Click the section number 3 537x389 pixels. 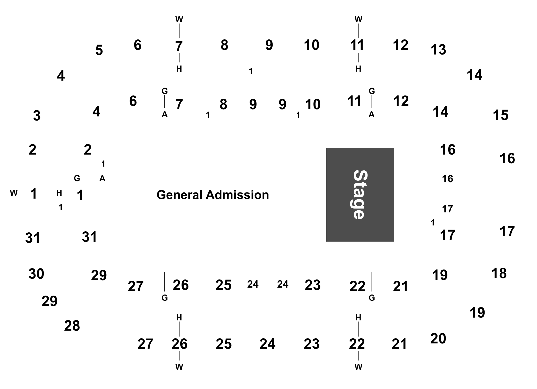37,116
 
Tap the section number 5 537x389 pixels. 99,50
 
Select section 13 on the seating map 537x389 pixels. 438,50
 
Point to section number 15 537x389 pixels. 500,115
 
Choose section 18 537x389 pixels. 499,273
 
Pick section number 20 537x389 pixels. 438,339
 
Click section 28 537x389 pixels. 72,326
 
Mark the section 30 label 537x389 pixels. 36,274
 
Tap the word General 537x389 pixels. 180,195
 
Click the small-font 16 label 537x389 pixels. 447,179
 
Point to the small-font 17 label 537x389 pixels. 447,209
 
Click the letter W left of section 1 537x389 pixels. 14,193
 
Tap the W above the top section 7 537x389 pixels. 179,19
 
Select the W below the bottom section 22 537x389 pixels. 358,367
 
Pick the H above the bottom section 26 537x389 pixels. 179,318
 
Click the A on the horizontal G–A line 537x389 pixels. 102,178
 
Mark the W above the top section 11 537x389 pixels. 358,19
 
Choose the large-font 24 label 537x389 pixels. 267,344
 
